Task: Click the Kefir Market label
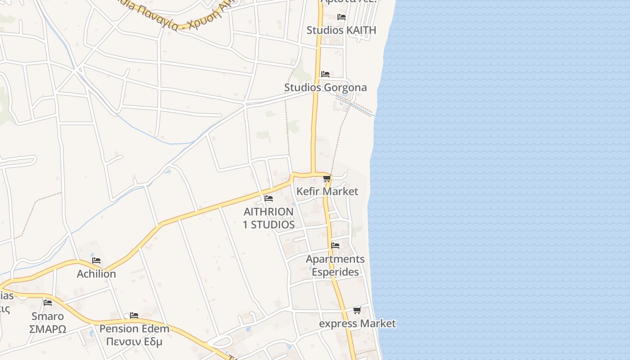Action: pos(327,191)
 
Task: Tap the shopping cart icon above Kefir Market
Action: pos(327,179)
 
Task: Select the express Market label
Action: pos(357,324)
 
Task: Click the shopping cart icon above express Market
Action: pos(357,310)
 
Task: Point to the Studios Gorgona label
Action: pos(325,87)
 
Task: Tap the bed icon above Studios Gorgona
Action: pos(325,74)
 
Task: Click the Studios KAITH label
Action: pos(341,30)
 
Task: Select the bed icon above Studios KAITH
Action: pos(342,17)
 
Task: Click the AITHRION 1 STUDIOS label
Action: pos(269,218)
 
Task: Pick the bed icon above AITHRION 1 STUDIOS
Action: pos(269,198)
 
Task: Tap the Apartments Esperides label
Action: pos(335,265)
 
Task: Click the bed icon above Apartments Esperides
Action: pos(335,246)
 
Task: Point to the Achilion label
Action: pos(96,274)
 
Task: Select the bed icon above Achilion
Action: pos(96,261)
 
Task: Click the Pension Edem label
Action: pos(134,328)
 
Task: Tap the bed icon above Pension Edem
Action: pos(134,315)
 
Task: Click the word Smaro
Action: pos(47,316)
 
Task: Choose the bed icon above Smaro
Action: pos(48,302)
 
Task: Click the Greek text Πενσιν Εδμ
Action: pos(134,342)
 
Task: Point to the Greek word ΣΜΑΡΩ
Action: pos(47,329)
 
